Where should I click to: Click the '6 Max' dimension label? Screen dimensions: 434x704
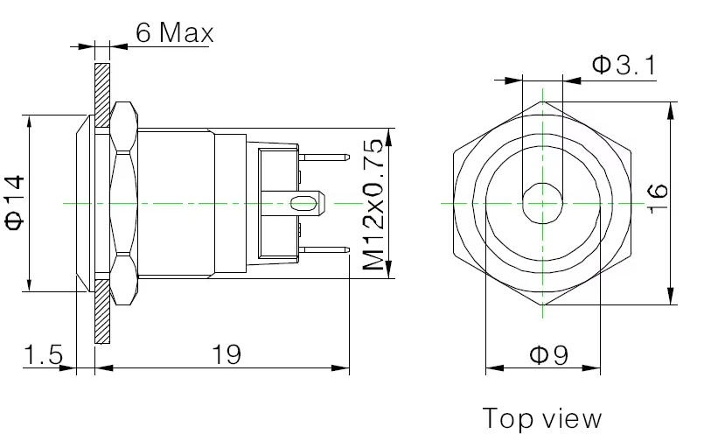(x=174, y=33)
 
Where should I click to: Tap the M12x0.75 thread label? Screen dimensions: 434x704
(x=373, y=203)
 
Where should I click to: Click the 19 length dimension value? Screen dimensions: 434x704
(x=226, y=354)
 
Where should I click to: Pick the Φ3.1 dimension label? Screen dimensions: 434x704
(x=624, y=65)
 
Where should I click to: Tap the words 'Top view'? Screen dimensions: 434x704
(x=542, y=417)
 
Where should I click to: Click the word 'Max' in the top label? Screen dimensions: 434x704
(x=187, y=33)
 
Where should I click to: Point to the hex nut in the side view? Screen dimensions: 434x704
(x=122, y=203)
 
